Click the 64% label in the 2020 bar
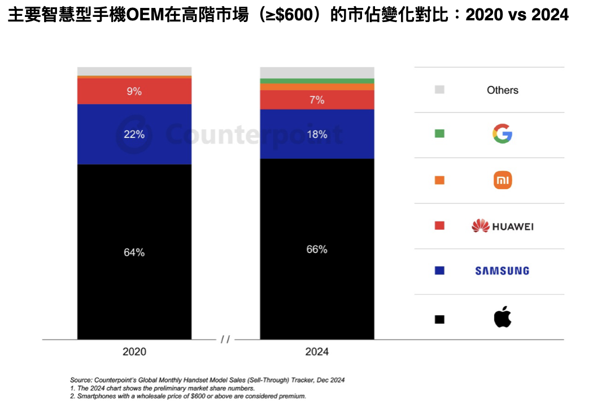[x=134, y=253]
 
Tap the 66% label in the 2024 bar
[x=317, y=249]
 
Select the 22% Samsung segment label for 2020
[x=134, y=134]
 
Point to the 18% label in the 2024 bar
[x=317, y=134]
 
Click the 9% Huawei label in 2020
[x=134, y=91]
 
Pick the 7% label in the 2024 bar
[x=317, y=100]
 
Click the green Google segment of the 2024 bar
[x=317, y=81]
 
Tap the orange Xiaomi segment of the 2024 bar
[x=317, y=87]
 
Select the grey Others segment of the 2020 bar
[x=134, y=72]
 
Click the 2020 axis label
[x=134, y=352]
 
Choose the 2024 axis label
[x=317, y=352]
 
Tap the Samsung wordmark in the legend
[x=502, y=271]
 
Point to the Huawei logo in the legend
[x=502, y=226]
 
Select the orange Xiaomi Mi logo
[x=503, y=180]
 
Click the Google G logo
[x=502, y=133]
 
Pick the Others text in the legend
[x=503, y=90]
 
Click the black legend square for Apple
[x=439, y=319]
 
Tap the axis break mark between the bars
[x=225, y=340]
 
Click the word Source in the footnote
[x=81, y=380]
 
